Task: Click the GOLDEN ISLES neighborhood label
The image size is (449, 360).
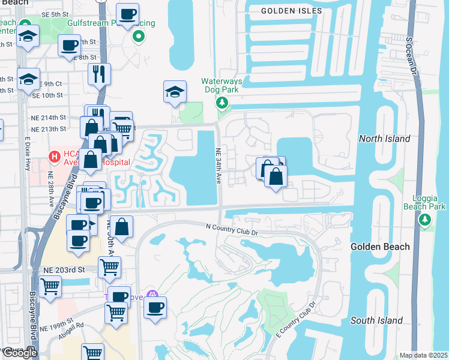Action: (x=292, y=11)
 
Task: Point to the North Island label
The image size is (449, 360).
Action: (x=384, y=139)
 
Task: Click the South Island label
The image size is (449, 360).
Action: (x=376, y=320)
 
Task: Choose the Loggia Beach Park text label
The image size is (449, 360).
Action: (x=429, y=203)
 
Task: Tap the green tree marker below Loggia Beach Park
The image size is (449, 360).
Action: (x=426, y=220)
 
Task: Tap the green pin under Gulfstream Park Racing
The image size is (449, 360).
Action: (x=139, y=37)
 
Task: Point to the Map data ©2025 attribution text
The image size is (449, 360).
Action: (x=424, y=355)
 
